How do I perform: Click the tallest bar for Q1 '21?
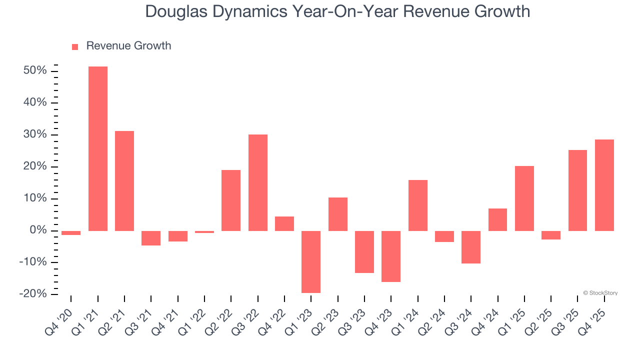click(x=98, y=148)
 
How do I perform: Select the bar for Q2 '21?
click(x=124, y=180)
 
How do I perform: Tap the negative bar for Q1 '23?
click(x=311, y=261)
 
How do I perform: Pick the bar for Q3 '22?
click(x=258, y=182)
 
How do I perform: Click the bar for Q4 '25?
click(x=604, y=185)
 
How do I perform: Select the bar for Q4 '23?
click(x=391, y=256)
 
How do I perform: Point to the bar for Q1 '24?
click(x=418, y=205)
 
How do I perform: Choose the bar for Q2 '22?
click(x=231, y=200)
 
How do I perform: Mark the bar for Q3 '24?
click(x=471, y=247)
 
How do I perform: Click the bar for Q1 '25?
click(x=524, y=198)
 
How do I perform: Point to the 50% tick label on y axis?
click(x=35, y=71)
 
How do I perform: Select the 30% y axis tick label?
click(x=35, y=135)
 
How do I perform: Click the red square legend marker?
click(x=75, y=47)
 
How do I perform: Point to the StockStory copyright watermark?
click(x=600, y=293)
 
